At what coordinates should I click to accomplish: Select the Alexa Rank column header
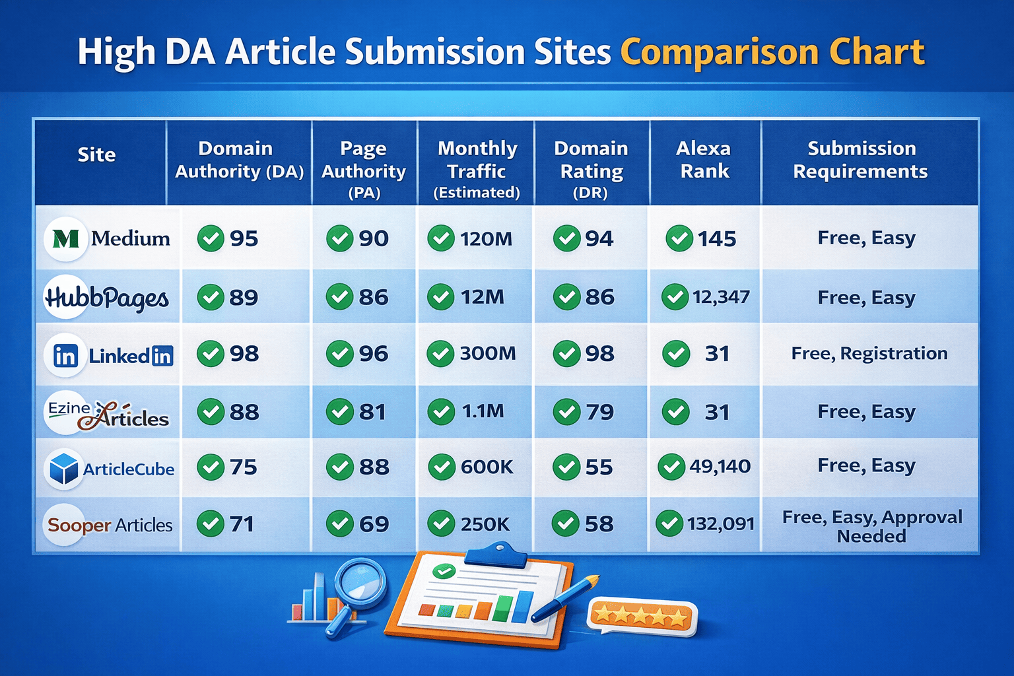(704, 160)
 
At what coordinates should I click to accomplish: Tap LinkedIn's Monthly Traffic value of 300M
(488, 354)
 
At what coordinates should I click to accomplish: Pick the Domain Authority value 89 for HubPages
(244, 298)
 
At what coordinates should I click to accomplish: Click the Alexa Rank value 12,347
(721, 297)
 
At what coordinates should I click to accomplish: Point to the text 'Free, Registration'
(869, 354)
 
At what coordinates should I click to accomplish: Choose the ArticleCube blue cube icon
(64, 469)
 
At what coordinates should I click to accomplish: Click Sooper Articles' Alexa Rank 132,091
(721, 524)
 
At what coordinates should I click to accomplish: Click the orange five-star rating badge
(642, 617)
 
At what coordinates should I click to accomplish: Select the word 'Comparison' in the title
(720, 53)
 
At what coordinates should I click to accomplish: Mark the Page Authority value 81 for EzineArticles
(372, 411)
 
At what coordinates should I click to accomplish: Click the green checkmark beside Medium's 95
(211, 238)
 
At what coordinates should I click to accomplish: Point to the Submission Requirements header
(861, 160)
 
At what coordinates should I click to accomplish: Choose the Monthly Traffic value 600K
(487, 467)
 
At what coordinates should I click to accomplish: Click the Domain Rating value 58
(599, 524)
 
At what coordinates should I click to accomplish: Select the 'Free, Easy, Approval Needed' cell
(872, 526)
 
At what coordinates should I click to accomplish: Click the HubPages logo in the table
(107, 298)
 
